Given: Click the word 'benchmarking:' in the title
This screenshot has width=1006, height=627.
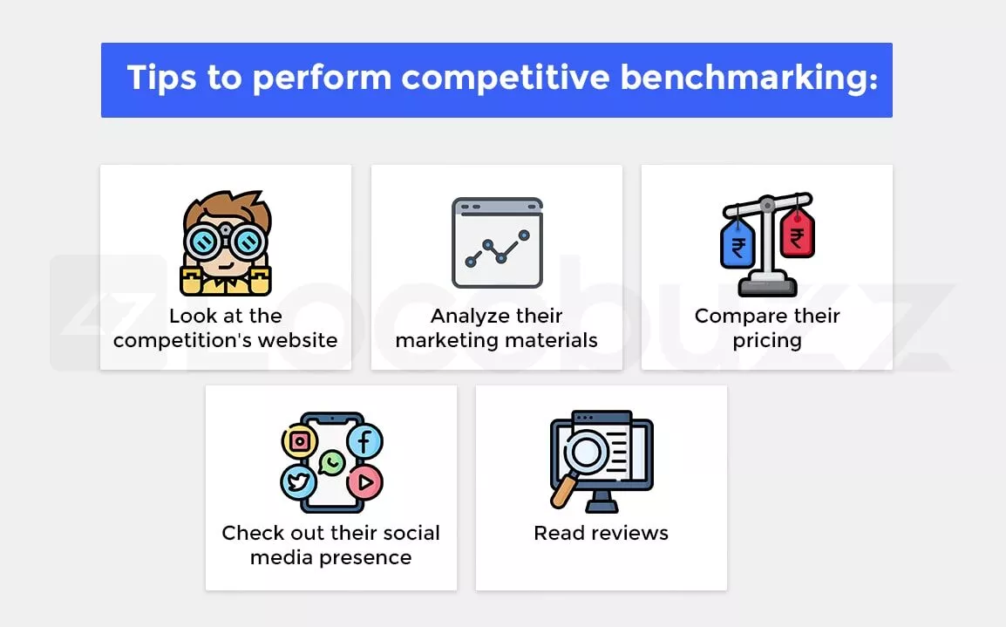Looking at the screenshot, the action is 748,78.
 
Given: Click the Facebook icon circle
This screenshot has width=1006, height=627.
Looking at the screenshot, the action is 365,441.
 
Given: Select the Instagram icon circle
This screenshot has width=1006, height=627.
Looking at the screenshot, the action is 300,441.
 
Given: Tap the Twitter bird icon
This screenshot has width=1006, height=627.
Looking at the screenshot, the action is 298,482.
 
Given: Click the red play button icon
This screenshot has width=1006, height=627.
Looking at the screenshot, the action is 365,482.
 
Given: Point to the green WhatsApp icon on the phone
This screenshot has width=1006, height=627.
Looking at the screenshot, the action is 331,463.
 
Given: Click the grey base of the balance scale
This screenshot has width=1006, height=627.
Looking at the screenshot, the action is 767,285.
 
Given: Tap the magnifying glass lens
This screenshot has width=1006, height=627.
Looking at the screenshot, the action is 585,451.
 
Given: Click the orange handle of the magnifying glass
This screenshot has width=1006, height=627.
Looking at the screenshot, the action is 562,490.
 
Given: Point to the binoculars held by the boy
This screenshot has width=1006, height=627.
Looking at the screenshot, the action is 225,241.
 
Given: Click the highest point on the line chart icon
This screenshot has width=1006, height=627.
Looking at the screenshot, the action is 524,235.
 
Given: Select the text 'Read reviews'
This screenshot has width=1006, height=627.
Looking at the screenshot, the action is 602,533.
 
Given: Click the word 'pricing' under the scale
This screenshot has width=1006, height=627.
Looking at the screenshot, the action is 767,341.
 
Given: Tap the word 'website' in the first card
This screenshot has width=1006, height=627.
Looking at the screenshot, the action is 300,340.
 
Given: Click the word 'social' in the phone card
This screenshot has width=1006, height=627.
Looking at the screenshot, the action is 410,533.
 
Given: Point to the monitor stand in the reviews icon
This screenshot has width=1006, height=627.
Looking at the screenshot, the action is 602,501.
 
